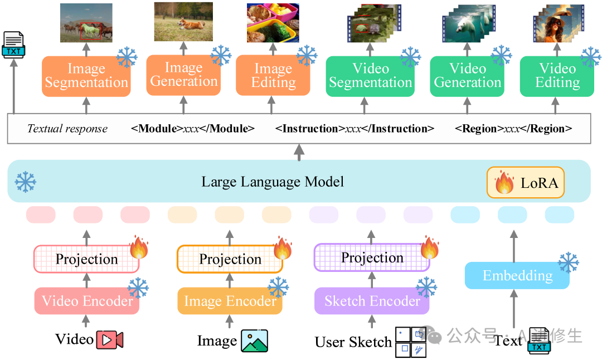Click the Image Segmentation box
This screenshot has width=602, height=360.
[x=86, y=76]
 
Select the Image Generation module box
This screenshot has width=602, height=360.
[x=183, y=75]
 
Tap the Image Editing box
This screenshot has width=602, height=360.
[x=273, y=76]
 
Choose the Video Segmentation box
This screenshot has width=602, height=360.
[x=370, y=76]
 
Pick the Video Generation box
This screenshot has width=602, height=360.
[x=467, y=76]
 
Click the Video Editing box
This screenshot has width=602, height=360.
[x=557, y=76]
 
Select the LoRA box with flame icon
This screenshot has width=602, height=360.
[x=526, y=182]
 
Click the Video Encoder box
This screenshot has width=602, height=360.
[x=87, y=301]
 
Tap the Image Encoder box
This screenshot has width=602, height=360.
[x=230, y=301]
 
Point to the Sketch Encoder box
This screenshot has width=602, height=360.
[x=372, y=301]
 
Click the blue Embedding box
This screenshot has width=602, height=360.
[x=517, y=275]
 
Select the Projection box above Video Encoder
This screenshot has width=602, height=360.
[x=87, y=259]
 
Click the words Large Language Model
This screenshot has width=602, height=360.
[x=273, y=182]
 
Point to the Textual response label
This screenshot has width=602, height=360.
[x=67, y=129]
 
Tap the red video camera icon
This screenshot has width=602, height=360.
[x=110, y=339]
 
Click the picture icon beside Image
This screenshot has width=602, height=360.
[x=255, y=341]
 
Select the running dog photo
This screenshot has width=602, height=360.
[x=183, y=22]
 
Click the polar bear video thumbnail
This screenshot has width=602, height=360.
[x=469, y=24]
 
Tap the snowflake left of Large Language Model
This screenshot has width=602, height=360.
[x=25, y=182]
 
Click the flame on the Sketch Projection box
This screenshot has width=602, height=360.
[x=430, y=248]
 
